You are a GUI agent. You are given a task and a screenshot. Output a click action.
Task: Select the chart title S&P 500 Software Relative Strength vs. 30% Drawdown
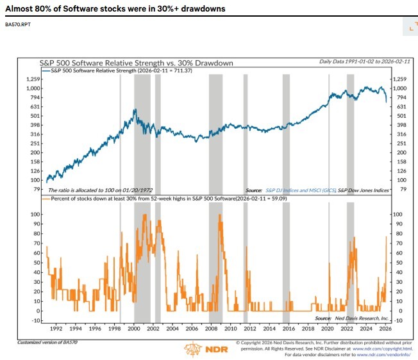[136, 63]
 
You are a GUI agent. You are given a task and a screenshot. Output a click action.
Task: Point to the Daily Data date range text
[355, 61]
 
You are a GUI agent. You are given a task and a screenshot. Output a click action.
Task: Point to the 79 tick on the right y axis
[401, 189]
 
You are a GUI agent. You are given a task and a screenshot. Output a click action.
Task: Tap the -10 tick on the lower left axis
[34, 320]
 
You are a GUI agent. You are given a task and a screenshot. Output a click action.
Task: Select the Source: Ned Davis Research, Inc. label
[352, 318]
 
